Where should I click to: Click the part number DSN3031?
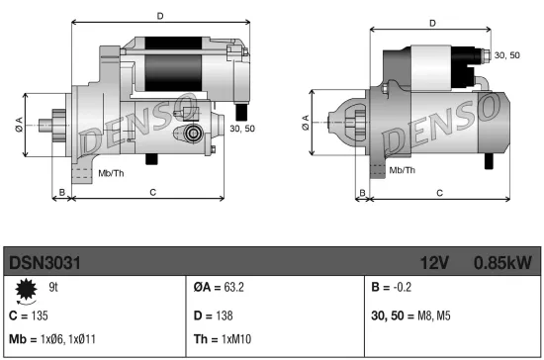coord(45,263)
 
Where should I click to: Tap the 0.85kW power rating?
coord(502,263)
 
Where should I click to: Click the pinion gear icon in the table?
coord(24,288)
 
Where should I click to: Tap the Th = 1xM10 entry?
coord(224,338)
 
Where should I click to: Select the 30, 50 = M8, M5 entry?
coord(411,315)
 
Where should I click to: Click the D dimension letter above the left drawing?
coord(159,16)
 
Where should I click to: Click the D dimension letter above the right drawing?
coord(432,23)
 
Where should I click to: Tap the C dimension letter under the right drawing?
coord(438,193)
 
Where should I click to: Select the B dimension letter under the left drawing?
coord(61,192)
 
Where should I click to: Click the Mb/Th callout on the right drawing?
coord(401,170)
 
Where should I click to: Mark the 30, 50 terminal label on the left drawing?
coord(242,129)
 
